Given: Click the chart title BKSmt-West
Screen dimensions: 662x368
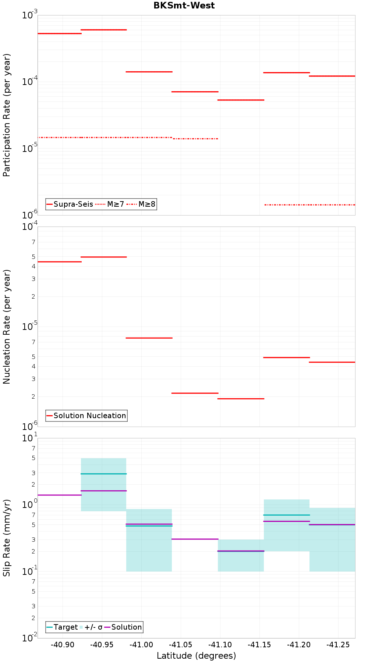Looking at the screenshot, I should point(184,6).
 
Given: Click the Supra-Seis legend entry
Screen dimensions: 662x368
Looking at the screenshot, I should point(70,204).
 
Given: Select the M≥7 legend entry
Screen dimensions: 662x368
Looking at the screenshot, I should point(110,204).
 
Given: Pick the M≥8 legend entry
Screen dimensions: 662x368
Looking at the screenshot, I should point(142,204).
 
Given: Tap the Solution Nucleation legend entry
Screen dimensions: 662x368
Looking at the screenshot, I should point(86,416).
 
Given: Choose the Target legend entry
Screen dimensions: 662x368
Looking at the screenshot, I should point(62,627).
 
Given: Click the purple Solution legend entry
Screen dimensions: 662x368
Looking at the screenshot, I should point(123,627).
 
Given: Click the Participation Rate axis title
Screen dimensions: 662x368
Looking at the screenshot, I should point(7,115).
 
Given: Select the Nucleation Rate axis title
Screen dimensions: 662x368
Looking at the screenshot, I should point(7,327).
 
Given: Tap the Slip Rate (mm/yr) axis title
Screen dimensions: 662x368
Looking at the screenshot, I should point(7,538).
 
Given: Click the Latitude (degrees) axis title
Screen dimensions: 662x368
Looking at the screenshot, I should point(196,655).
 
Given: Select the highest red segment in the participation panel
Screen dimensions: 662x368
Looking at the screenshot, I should point(103,30).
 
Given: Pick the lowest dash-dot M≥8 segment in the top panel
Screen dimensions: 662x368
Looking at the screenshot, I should point(309,204).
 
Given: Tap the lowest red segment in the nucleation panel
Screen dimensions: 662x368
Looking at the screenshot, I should point(241,399).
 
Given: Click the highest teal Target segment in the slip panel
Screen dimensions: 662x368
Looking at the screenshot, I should point(103,474).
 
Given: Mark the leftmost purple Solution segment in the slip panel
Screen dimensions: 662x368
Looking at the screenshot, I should point(59,495).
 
